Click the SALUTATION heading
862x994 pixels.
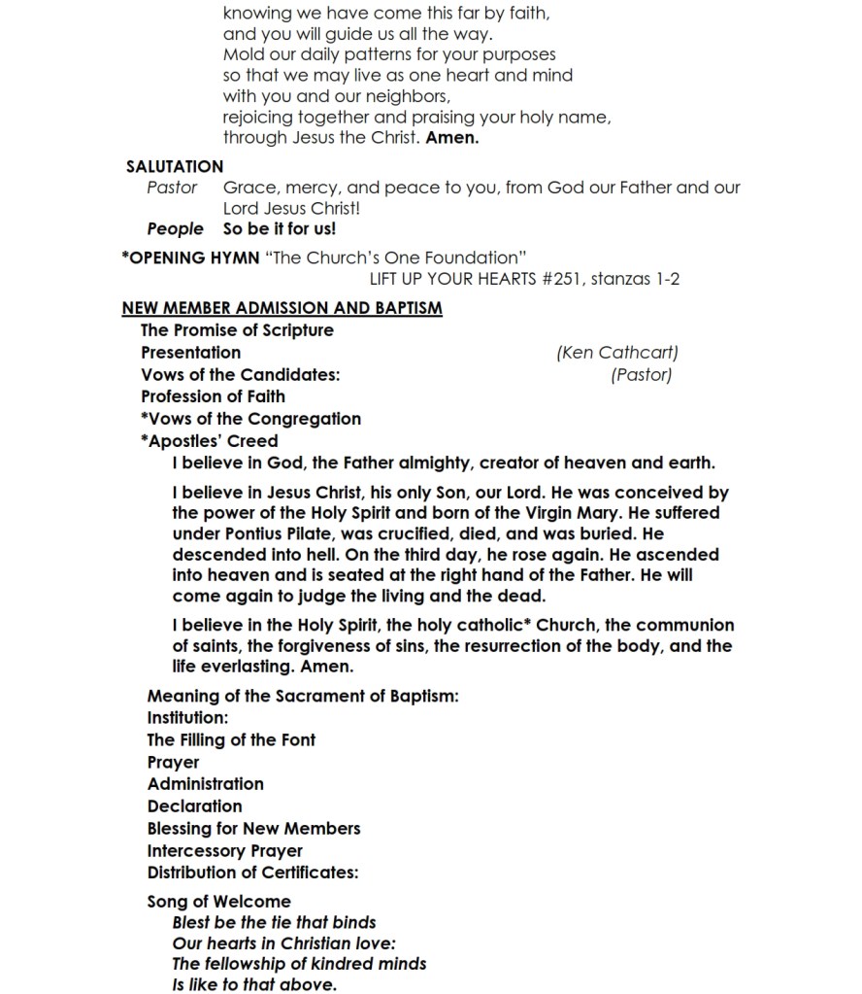click(175, 166)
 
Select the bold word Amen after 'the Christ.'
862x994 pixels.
click(452, 138)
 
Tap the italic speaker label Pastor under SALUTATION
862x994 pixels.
click(172, 188)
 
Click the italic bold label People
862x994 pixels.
click(175, 229)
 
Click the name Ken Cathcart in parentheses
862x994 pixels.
click(617, 353)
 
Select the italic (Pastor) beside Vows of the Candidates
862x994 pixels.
click(641, 375)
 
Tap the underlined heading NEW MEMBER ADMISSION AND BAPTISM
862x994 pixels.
click(282, 309)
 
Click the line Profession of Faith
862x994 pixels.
click(213, 396)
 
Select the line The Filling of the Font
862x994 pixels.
click(231, 739)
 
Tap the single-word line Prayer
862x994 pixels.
click(173, 763)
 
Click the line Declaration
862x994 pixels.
click(194, 806)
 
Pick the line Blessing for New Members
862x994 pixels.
click(253, 829)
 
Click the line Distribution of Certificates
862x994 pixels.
click(253, 873)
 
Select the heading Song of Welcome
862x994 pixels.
click(218, 902)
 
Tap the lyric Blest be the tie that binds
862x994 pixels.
click(274, 922)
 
